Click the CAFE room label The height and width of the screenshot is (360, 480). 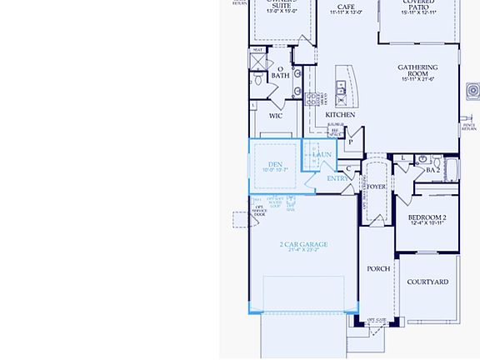coord(346,7)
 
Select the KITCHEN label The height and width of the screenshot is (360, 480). coord(340,115)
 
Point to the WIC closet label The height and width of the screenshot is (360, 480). coord(275,116)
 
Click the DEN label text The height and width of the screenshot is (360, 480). coord(275,164)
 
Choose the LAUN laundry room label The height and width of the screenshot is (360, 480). coord(322,154)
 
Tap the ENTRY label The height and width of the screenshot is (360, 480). coord(337,178)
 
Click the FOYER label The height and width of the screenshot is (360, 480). coord(377,187)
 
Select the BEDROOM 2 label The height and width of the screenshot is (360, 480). coord(427,217)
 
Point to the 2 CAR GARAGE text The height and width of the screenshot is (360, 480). coord(303,244)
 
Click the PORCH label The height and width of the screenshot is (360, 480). coord(378,268)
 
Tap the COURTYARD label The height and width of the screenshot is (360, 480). coord(427,282)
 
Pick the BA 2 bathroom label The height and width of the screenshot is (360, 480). coord(432,170)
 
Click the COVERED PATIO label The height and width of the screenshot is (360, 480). coord(417,5)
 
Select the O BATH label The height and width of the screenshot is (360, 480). coord(280,73)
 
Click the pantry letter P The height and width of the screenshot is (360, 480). coord(351,142)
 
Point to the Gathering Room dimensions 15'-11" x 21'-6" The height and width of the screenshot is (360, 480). coord(417,79)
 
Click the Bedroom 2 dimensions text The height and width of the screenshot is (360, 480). coord(427,223)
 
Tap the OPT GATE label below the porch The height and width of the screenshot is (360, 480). coord(377,320)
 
